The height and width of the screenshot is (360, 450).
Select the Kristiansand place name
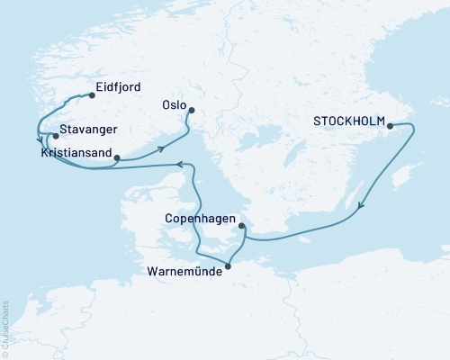(x=76, y=154)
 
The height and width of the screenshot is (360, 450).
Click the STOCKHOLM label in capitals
(x=349, y=121)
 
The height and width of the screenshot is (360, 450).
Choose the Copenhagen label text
(x=201, y=219)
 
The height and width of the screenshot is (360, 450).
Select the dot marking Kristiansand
(x=117, y=158)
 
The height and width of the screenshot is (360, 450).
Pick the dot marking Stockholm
(x=390, y=127)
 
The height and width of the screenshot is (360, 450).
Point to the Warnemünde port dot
(x=228, y=265)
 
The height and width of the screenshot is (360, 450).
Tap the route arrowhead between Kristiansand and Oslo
(x=162, y=149)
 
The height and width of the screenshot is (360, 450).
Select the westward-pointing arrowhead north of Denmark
(x=178, y=165)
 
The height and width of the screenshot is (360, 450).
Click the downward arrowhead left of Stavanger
(x=40, y=140)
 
